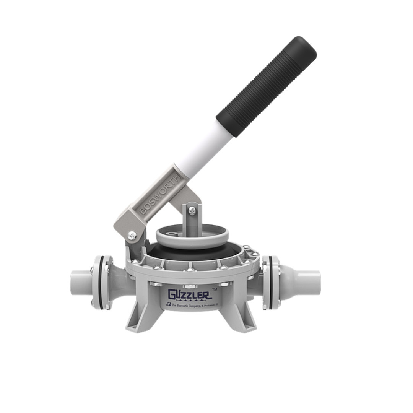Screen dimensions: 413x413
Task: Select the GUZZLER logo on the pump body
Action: (190, 294)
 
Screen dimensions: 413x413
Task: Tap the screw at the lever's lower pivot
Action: (132, 236)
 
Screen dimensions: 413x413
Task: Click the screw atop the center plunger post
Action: (192, 210)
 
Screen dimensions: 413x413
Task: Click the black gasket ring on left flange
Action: (101, 283)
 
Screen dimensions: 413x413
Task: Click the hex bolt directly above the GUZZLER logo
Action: (190, 286)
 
